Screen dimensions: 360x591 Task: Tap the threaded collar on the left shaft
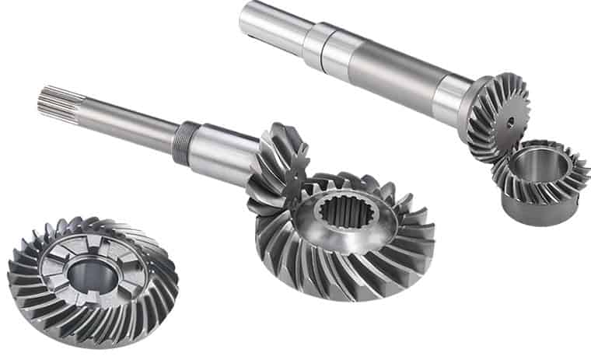click(182, 142)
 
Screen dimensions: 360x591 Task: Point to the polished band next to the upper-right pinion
click(451, 97)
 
